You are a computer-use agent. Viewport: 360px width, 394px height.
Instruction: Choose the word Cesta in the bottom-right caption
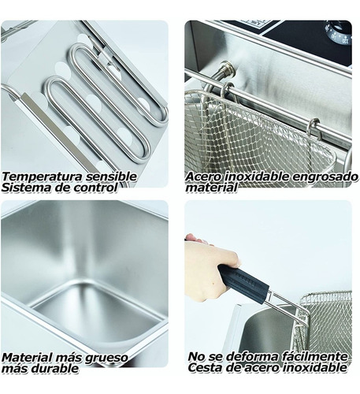click(x=208, y=368)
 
